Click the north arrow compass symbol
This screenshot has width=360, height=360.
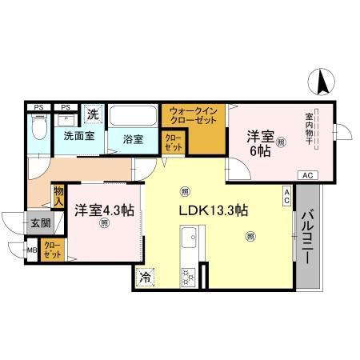coord(320,80)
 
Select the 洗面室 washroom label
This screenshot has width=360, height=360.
coord(79,136)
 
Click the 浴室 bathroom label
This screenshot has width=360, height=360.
coord(133,138)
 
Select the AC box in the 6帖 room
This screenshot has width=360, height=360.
coord(307,174)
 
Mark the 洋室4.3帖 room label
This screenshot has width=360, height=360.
coord(104,210)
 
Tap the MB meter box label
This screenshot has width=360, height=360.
coord(32,250)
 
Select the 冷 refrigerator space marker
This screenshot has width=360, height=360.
coord(146,278)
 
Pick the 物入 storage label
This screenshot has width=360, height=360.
coord(59,194)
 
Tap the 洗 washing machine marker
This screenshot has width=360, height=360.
coord(93,114)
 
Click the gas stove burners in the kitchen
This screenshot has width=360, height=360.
coord(190,276)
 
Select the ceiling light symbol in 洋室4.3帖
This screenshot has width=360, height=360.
coord(103,224)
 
